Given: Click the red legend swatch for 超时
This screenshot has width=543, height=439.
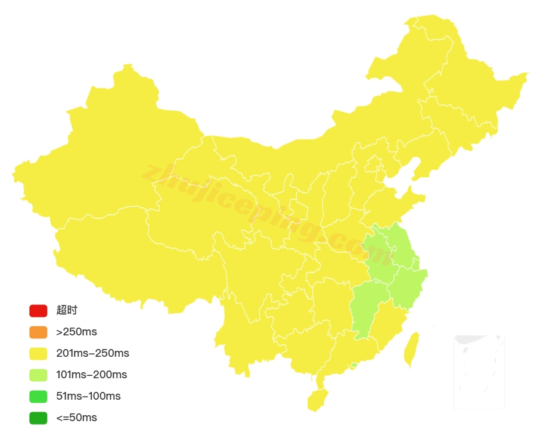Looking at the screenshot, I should [x=38, y=310].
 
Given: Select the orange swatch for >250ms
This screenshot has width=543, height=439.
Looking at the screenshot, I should [x=38, y=332].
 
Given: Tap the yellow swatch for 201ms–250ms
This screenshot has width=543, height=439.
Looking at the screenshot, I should [x=38, y=353].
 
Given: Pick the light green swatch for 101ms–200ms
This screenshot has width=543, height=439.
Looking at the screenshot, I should [x=38, y=375].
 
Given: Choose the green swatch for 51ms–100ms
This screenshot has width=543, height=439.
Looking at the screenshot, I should [x=38, y=396].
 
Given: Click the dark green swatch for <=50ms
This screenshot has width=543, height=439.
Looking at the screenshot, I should [x=38, y=418].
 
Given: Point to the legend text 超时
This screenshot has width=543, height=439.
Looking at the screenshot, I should [x=67, y=310].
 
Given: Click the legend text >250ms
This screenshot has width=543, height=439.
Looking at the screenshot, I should [x=76, y=332].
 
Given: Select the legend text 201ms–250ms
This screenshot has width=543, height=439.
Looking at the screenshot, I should [x=92, y=353].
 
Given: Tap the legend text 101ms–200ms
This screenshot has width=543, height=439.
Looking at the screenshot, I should [x=91, y=375].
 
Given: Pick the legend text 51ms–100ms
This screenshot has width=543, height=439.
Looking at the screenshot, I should [x=88, y=396].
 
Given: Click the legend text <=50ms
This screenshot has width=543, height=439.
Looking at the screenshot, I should [x=76, y=418].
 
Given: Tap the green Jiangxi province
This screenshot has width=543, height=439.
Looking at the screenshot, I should [x=367, y=307].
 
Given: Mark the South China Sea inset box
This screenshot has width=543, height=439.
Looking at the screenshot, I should [x=479, y=372].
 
